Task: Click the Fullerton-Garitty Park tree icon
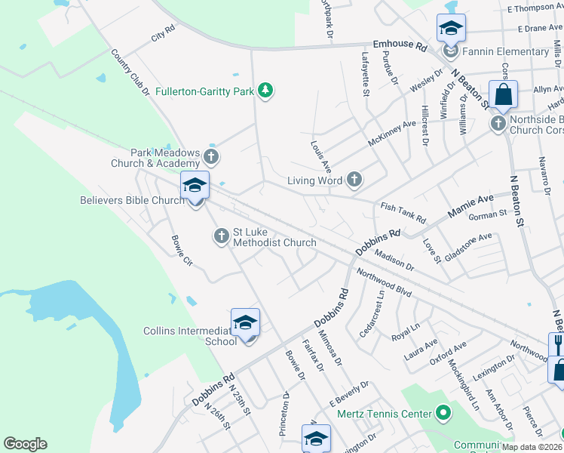click(265, 91)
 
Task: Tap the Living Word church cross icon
click(354, 180)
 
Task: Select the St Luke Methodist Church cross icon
click(222, 237)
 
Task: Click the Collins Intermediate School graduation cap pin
click(245, 324)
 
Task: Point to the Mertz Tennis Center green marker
click(443, 414)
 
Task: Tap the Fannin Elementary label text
click(507, 51)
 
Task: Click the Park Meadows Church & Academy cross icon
click(211, 157)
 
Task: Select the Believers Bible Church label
click(133, 200)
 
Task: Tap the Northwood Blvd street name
click(384, 282)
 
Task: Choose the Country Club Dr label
click(130, 73)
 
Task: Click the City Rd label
click(163, 33)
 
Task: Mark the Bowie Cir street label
click(182, 251)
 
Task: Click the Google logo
click(25, 444)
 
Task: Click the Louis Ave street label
click(320, 155)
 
